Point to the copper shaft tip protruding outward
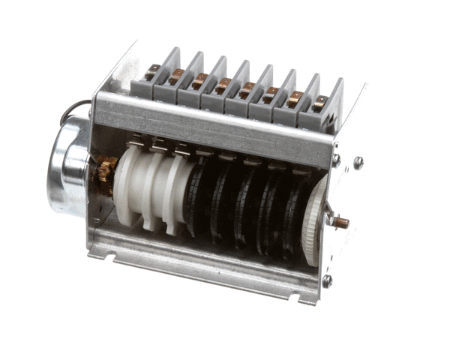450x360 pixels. [x=341, y=223]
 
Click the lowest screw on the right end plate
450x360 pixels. [x=327, y=280]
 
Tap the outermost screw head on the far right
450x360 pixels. [x=358, y=161]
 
